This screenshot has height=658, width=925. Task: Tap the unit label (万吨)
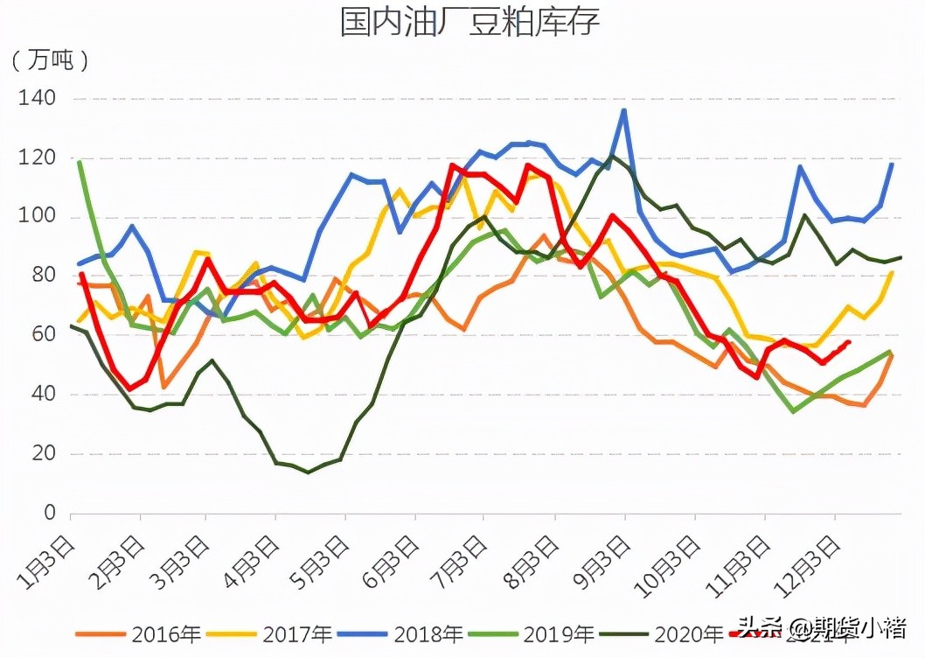pos(51,60)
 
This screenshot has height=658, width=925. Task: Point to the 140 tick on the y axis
pos(37,98)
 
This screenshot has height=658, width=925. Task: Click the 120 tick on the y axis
pos(37,157)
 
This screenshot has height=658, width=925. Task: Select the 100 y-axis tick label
pos(37,217)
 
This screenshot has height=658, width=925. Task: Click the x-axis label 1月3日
pos(48,562)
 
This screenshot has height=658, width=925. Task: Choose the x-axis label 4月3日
pos(254,562)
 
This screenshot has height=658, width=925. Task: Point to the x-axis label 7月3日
pos(463,562)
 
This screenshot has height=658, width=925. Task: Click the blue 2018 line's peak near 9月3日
pos(623,110)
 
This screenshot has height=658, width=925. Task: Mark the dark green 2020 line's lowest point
pos(308,472)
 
